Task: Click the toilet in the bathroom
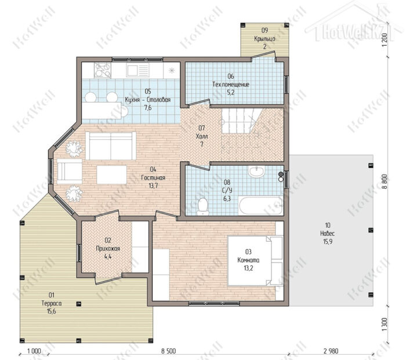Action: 203,206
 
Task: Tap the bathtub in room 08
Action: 260,206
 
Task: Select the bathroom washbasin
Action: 256,172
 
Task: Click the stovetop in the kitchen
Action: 103,70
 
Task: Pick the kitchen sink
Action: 137,70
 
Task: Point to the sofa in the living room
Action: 111,146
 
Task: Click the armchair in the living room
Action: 70,171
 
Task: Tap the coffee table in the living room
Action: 111,174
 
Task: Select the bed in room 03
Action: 255,260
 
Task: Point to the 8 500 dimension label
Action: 169,351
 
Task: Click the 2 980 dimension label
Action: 331,351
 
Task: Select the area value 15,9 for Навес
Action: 328,242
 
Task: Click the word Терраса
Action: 52,303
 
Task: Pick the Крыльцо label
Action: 264,39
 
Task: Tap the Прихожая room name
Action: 108,249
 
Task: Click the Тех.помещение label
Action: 231,85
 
